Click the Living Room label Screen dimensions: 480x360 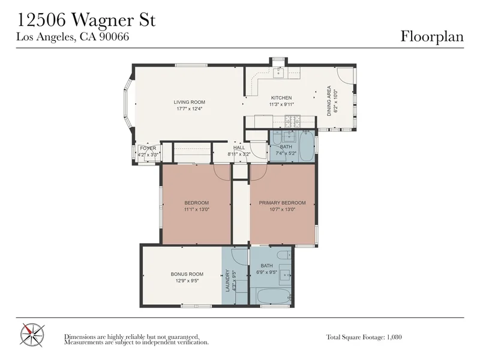(189, 102)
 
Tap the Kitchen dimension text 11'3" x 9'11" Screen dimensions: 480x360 (281, 104)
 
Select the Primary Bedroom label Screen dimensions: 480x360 (282, 203)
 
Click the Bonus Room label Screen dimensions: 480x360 (187, 274)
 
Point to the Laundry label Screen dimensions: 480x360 (227, 280)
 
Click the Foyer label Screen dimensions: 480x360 (148, 148)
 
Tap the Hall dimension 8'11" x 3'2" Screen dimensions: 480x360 (239, 154)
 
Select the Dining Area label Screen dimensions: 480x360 (329, 101)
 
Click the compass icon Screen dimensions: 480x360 (32, 335)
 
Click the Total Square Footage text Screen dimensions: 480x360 (364, 337)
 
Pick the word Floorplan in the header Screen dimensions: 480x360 (432, 36)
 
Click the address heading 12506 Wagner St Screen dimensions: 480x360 (86, 20)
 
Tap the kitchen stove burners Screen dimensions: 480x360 (293, 121)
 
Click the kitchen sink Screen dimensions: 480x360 (278, 73)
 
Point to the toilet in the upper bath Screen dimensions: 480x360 (276, 139)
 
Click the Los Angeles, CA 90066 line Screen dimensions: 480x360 (73, 37)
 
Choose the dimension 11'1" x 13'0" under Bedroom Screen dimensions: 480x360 (197, 209)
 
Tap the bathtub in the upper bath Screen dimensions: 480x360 (306, 146)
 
